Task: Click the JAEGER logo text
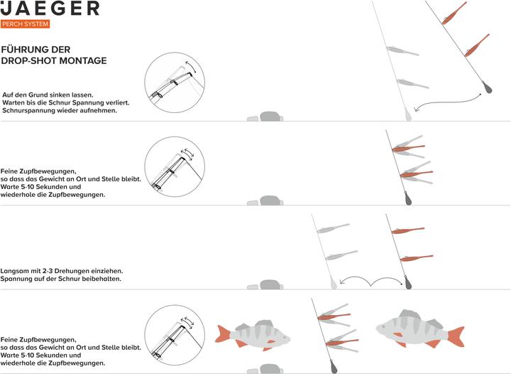[50, 8]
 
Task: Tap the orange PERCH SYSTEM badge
[25, 24]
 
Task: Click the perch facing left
[420, 328]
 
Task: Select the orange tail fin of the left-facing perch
[456, 336]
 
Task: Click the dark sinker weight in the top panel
[487, 87]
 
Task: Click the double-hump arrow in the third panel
[371, 281]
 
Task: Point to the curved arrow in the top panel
[446, 103]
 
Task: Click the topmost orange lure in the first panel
[454, 14]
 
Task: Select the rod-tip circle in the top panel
[175, 82]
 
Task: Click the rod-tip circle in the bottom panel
[175, 335]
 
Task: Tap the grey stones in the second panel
[265, 201]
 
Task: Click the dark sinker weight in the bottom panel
[334, 366]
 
